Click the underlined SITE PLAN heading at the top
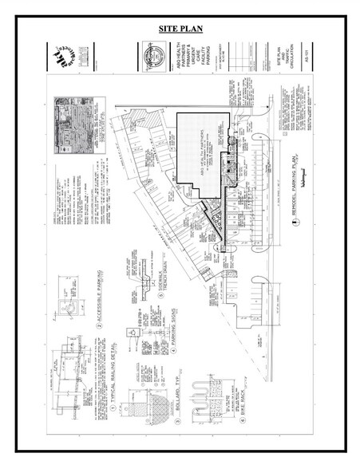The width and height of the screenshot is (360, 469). (x=180, y=30)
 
